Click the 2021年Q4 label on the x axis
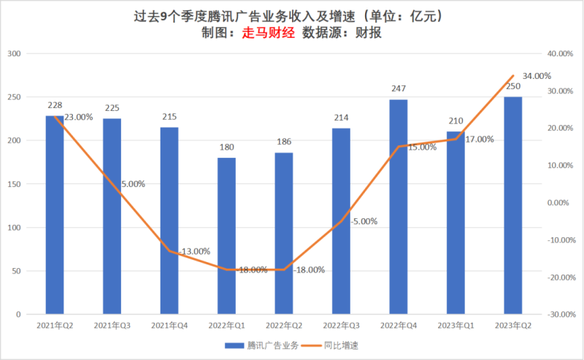pyautogui.click(x=169, y=324)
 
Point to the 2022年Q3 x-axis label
pyautogui.click(x=341, y=324)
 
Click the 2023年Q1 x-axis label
pyautogui.click(x=456, y=324)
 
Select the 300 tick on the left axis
pyautogui.click(x=15, y=54)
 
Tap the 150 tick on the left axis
pyautogui.click(x=15, y=184)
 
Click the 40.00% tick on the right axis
pyautogui.click(x=561, y=54)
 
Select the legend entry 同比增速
pyautogui.click(x=341, y=345)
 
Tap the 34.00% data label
pyautogui.click(x=537, y=76)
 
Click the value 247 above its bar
pyautogui.click(x=398, y=88)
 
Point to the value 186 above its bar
pyautogui.click(x=284, y=141)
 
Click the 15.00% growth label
pyautogui.click(x=421, y=147)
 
